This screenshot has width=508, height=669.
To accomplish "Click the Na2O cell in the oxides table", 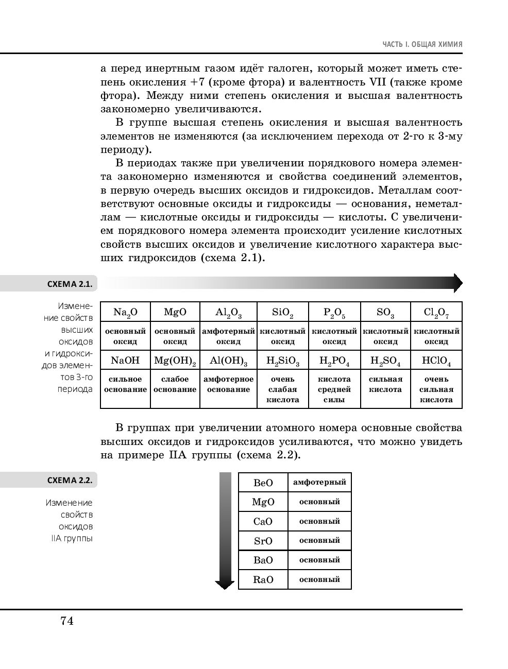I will [125, 312].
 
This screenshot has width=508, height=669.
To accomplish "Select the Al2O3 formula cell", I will [228, 312].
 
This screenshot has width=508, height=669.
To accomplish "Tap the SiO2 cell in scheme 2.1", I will [282, 312].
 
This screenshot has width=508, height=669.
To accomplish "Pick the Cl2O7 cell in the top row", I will [436, 312].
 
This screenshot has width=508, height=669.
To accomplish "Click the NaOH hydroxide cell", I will [125, 361].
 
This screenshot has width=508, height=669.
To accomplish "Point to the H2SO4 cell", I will [385, 361].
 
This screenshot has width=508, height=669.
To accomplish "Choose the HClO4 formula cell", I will [436, 361].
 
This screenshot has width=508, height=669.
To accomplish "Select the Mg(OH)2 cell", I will [175, 361].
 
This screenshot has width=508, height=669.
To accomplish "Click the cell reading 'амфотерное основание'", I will [228, 385].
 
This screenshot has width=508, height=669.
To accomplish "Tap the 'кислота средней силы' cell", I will [334, 389].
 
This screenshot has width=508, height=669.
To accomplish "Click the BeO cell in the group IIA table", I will [263, 483].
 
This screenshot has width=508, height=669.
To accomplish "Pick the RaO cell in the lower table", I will [263, 580].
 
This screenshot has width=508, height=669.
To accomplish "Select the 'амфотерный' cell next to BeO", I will [319, 483].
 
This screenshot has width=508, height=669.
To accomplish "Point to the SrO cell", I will [263, 541].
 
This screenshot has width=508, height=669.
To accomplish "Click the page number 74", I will [67, 621].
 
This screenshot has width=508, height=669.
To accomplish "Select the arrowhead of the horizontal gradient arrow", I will [456, 283].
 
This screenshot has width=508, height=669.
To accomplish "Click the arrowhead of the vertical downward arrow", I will [225, 584].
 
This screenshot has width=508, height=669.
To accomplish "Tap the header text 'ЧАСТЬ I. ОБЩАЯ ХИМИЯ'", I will [422, 45].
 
